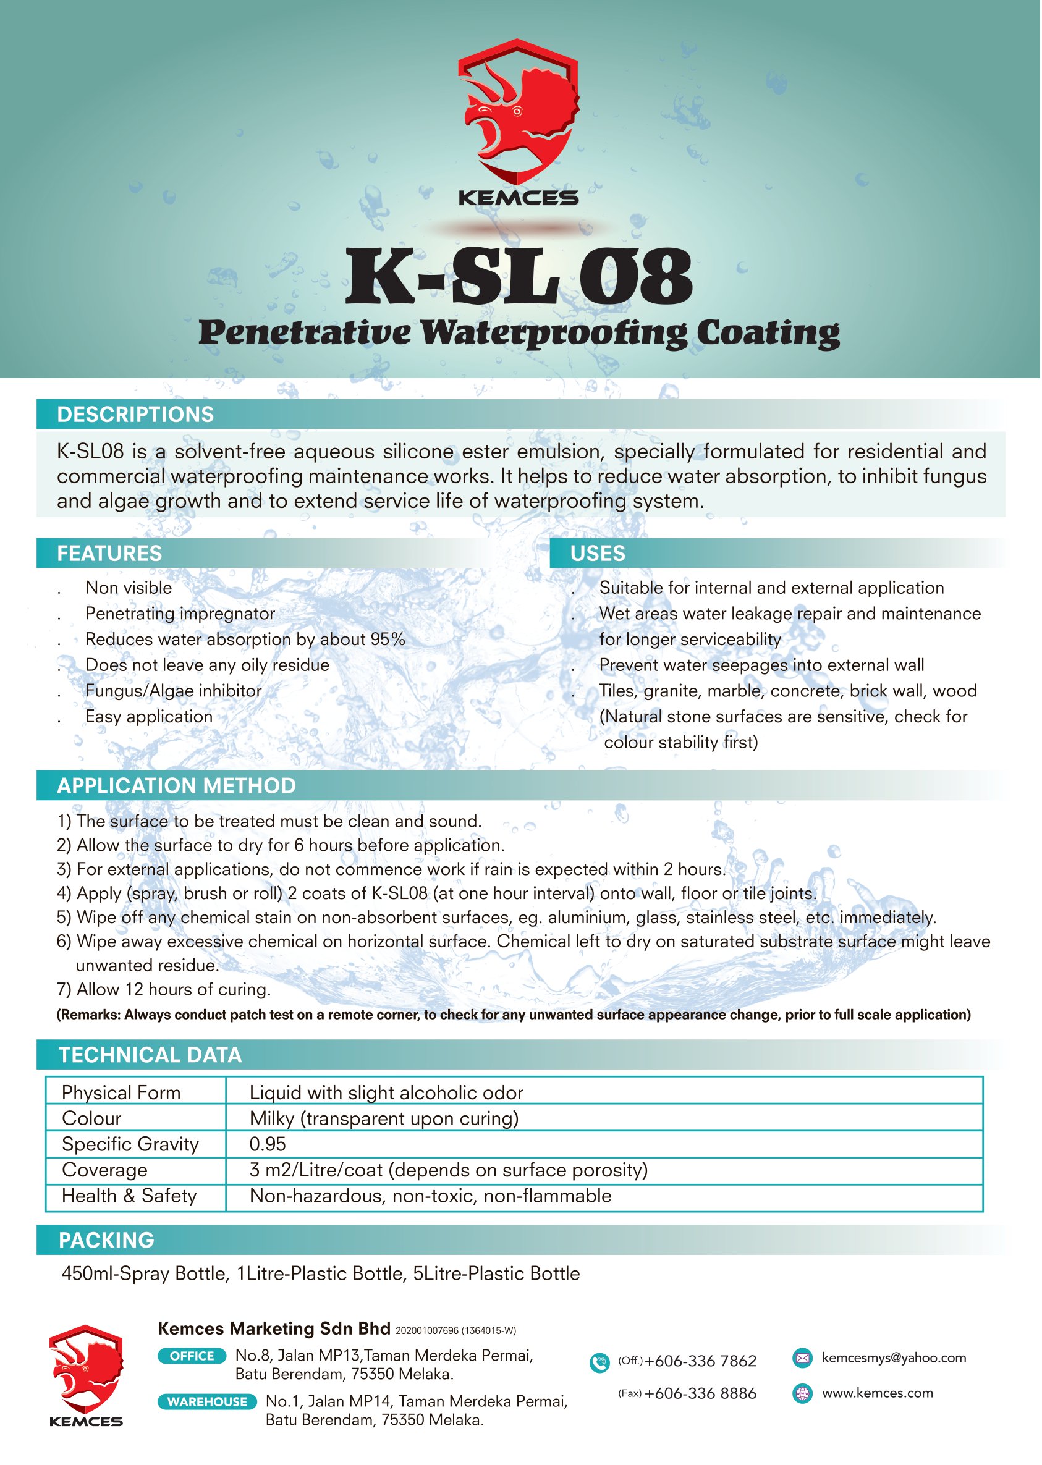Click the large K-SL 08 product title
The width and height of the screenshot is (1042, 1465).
click(x=519, y=277)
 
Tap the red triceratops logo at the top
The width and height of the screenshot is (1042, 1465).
click(x=519, y=112)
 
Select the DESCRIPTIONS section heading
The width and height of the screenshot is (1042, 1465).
click(x=135, y=415)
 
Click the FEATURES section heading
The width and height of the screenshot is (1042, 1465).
click(x=110, y=554)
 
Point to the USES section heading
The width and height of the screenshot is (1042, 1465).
click(x=598, y=554)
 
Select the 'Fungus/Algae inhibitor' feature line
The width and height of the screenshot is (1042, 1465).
click(x=173, y=691)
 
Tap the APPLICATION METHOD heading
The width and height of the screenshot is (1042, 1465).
click(x=176, y=787)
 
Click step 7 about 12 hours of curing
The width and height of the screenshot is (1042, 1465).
click(x=164, y=990)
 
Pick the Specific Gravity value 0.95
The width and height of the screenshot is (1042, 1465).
click(x=268, y=1144)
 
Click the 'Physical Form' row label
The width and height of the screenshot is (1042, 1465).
click(x=121, y=1093)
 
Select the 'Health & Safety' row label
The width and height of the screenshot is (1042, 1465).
click(x=129, y=1196)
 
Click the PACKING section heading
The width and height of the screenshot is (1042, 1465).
click(x=106, y=1241)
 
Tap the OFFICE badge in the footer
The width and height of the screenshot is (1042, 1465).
click(x=192, y=1356)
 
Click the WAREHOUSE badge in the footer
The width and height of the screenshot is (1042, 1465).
click(x=206, y=1402)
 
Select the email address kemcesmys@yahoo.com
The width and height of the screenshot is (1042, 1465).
click(x=894, y=1358)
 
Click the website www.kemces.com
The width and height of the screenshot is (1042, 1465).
click(x=877, y=1393)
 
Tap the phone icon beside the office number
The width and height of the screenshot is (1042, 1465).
click(x=599, y=1362)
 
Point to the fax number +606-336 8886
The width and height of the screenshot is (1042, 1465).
click(x=700, y=1394)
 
